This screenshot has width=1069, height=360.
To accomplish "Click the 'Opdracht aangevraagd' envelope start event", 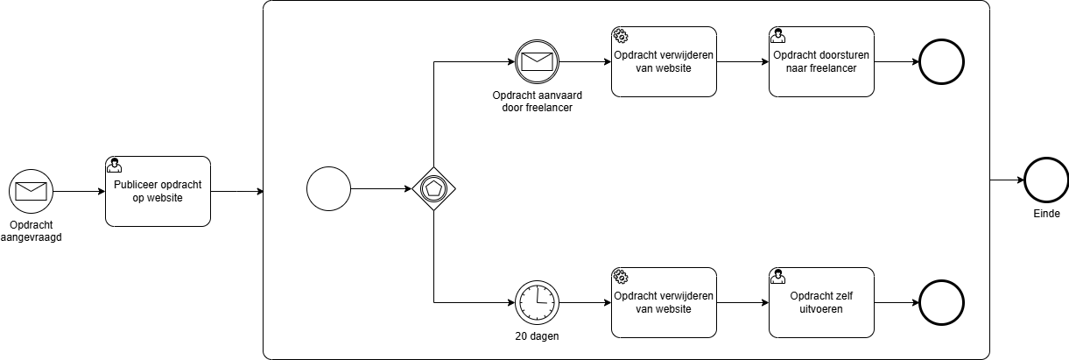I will (x=32, y=188).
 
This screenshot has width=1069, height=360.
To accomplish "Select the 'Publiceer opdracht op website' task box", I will (x=158, y=191).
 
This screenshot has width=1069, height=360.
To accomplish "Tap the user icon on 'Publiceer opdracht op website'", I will (x=114, y=165).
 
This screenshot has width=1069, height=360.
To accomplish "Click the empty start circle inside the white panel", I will (x=328, y=188).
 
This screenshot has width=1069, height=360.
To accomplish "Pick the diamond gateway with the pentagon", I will (x=434, y=188).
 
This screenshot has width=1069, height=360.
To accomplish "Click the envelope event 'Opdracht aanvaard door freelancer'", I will (x=536, y=61).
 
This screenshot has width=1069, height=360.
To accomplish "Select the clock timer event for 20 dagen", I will (x=536, y=302).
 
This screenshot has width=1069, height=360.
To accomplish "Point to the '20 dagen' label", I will (x=536, y=336).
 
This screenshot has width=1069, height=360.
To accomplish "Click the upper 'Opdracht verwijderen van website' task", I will (x=664, y=62).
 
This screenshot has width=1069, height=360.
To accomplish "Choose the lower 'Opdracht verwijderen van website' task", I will (x=664, y=302).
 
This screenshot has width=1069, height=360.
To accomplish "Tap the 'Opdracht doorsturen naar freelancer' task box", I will (x=821, y=62).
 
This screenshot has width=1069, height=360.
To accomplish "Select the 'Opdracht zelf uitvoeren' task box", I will (x=821, y=302).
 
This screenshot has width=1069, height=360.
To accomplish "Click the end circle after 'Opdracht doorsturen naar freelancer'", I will (x=941, y=62).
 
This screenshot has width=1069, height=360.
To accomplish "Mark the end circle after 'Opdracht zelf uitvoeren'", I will (x=941, y=302).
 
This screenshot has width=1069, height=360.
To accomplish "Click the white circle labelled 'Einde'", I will (x=1046, y=181).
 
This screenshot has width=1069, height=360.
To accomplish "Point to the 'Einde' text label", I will (x=1046, y=214).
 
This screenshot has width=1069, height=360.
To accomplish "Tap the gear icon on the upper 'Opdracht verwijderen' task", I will (x=620, y=36).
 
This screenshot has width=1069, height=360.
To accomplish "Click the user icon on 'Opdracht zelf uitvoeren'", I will (x=777, y=277).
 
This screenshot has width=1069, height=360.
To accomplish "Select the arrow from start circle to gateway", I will (x=382, y=188).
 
